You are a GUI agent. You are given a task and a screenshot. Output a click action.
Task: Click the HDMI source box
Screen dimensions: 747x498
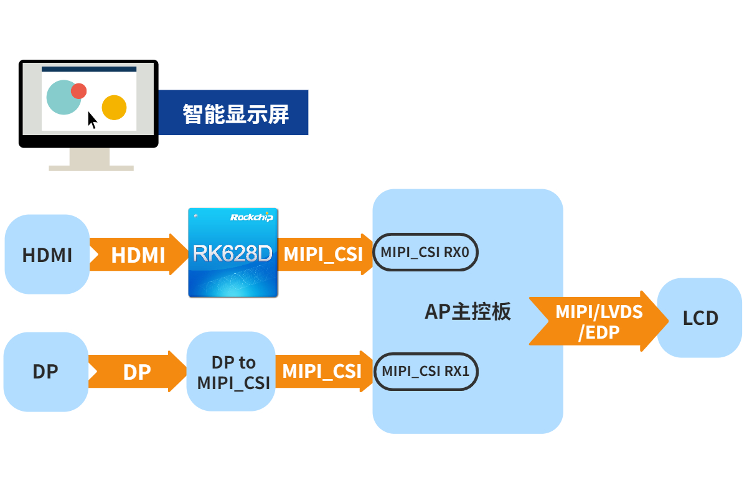tap(47, 254)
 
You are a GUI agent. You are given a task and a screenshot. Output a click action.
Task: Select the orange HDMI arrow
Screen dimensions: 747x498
tap(138, 254)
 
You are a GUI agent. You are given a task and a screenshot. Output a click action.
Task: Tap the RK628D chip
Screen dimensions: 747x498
tap(233, 253)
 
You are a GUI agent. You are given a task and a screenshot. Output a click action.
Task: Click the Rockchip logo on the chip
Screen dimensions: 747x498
tap(251, 217)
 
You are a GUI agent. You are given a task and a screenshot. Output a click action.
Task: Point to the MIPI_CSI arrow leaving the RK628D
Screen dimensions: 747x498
tap(325, 254)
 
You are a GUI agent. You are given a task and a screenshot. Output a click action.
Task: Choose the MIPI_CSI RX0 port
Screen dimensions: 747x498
tap(425, 252)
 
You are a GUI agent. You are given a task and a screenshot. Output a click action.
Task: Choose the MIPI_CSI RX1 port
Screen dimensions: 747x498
tap(426, 371)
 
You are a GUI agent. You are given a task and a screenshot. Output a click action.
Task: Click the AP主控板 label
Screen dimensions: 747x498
tap(467, 311)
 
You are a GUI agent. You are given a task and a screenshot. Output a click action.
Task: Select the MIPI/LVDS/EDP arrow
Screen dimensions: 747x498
tap(599, 321)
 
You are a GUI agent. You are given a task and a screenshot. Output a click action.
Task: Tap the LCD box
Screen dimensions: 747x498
tap(699, 317)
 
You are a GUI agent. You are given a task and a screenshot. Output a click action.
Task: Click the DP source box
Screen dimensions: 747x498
tap(46, 372)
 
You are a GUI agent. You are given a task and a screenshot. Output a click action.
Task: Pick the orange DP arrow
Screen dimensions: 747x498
tap(138, 371)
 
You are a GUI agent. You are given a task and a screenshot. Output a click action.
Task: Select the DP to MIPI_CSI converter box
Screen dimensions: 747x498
tap(231, 371)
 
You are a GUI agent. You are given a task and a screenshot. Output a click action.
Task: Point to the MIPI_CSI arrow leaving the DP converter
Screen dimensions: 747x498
tap(324, 371)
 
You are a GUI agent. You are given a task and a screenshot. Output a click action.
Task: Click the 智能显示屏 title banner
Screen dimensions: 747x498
tap(233, 113)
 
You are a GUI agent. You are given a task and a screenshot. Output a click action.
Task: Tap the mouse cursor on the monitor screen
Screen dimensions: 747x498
tap(92, 120)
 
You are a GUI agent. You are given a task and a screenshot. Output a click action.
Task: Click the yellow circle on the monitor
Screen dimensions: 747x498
tap(114, 108)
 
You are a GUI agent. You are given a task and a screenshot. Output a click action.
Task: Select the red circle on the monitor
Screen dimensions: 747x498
tap(78, 91)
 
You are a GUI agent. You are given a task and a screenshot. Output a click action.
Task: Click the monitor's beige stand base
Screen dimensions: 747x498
tap(91, 169)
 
